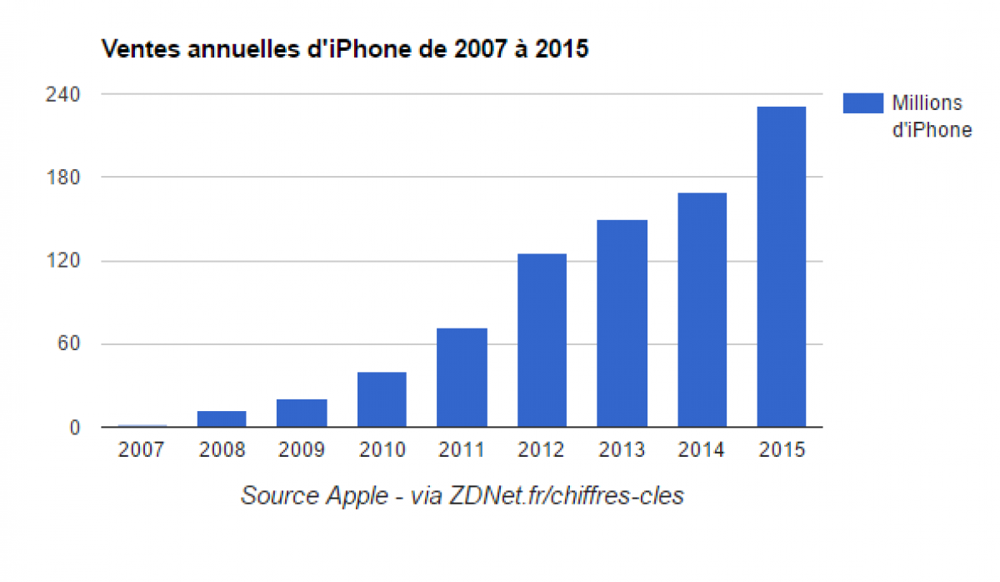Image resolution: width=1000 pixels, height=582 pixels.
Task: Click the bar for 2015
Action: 782,267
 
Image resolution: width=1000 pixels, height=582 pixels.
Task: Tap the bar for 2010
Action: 382,399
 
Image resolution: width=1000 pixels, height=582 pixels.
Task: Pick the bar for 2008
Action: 222,419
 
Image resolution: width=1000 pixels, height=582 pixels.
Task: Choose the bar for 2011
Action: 462,378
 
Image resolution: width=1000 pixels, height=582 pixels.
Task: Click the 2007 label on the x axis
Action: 142,450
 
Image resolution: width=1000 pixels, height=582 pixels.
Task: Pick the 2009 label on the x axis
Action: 302,450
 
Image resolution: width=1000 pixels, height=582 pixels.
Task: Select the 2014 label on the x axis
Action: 702,450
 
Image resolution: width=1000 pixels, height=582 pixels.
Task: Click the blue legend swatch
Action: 862,103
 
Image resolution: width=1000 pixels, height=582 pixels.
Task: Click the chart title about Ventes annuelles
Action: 344,49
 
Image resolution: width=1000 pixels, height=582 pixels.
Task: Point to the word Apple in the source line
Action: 356,496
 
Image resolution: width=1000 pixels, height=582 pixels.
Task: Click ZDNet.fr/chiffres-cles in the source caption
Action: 566,496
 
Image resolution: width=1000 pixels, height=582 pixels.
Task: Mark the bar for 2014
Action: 702,310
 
